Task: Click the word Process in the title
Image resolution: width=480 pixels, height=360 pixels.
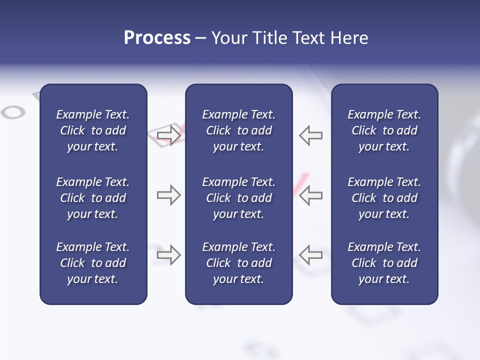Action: [x=157, y=38]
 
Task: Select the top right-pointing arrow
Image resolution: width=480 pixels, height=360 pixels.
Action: [x=168, y=135]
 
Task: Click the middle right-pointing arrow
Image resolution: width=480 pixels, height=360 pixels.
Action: [x=168, y=195]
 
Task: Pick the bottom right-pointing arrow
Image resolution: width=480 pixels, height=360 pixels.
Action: [x=168, y=255]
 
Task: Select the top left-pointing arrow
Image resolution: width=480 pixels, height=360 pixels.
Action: [x=310, y=135]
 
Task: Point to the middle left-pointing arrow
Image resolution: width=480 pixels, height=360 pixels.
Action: [x=310, y=195]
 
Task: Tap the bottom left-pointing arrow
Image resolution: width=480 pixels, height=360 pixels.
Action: [x=310, y=255]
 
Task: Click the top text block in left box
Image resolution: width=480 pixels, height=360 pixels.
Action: [x=93, y=130]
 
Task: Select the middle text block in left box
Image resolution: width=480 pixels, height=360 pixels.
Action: [x=93, y=198]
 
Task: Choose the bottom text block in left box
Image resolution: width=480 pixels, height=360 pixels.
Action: [x=93, y=263]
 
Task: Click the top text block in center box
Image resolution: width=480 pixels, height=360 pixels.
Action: [x=238, y=130]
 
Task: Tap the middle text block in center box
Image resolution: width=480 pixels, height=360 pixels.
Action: [x=238, y=198]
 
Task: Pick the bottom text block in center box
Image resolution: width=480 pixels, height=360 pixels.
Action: [x=238, y=263]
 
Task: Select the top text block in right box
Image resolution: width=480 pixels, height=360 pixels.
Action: [x=384, y=130]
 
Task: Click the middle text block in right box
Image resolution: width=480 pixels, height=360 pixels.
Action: [x=384, y=198]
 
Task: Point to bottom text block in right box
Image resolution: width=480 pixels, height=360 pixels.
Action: [x=384, y=263]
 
